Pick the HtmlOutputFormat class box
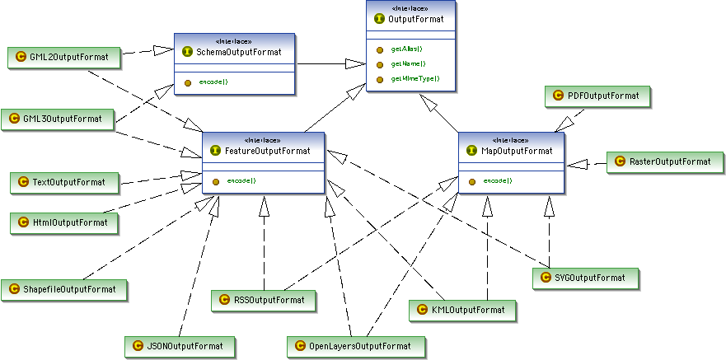pyautogui.click(x=63, y=222)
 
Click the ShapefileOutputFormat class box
pyautogui.click(x=64, y=288)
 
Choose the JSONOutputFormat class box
pyautogui.click(x=180, y=345)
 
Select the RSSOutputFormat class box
pyautogui.click(x=263, y=300)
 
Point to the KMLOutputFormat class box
pyautogui.click(x=462, y=310)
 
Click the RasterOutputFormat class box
pyautogui.click(x=664, y=162)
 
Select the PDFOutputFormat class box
pyautogui.click(x=597, y=96)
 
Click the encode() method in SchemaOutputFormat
pyautogui.click(x=213, y=82)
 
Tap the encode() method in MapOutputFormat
pyautogui.click(x=497, y=180)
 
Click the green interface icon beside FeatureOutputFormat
pyautogui.click(x=216, y=151)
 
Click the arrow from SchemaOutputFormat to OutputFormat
pyautogui.click(x=330, y=63)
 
